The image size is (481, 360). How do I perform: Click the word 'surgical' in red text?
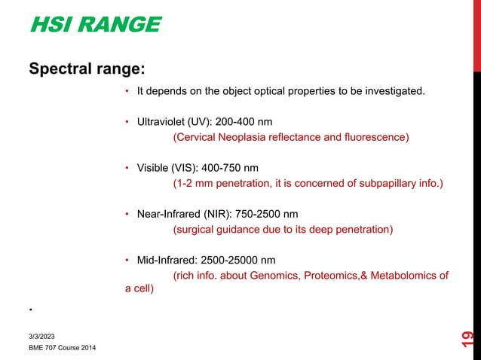click(x=195, y=229)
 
